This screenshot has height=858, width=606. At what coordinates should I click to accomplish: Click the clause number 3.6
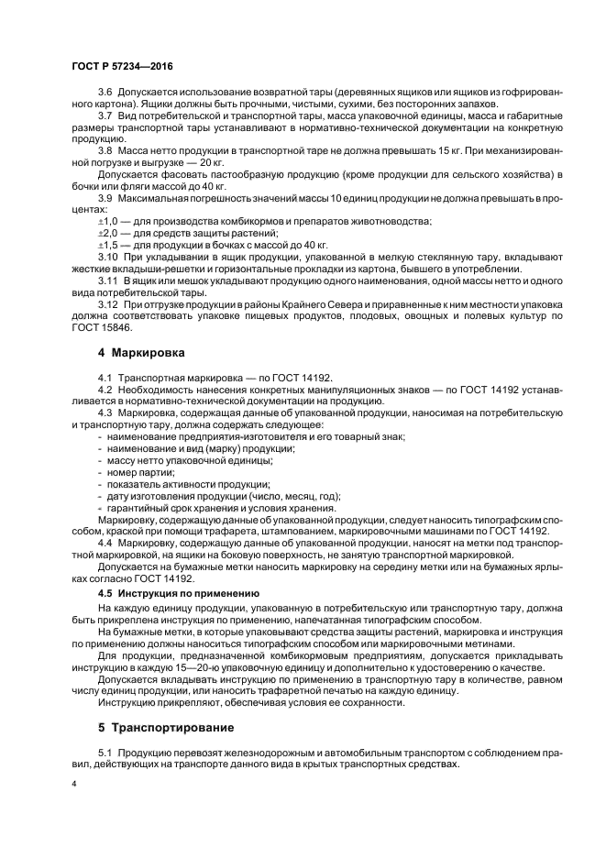(x=105, y=94)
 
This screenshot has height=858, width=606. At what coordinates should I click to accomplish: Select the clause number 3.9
(x=105, y=198)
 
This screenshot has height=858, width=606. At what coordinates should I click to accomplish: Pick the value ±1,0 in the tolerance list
(x=108, y=222)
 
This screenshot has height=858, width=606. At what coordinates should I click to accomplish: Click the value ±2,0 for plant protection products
(x=108, y=234)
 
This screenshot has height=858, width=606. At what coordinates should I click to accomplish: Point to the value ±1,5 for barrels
(x=108, y=245)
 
